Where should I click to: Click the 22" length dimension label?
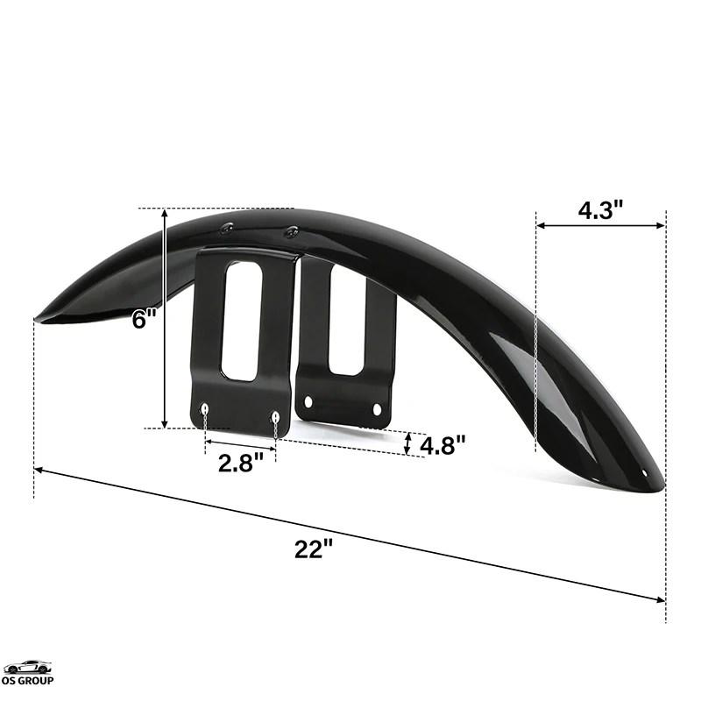coord(314,549)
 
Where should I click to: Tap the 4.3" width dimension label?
coord(600,209)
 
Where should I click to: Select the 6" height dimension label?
coord(145,320)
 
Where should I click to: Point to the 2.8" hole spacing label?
coord(240,463)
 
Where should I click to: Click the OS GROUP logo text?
coord(28,681)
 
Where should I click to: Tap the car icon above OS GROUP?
coord(28,667)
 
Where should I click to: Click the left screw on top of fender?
coord(226,228)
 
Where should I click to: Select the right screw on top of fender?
coord(292,231)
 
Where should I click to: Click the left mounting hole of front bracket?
coord(205,408)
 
